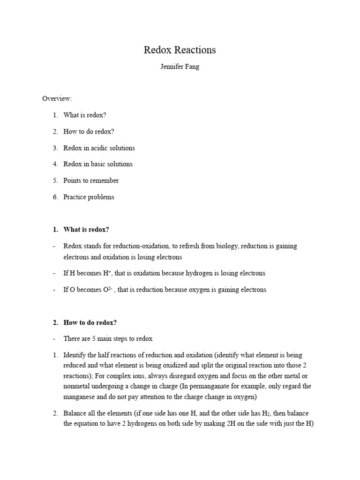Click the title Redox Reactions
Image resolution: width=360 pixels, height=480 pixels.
click(x=180, y=50)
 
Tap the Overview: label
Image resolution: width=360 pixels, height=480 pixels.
click(x=57, y=98)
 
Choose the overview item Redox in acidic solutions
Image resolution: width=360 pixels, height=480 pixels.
click(x=99, y=148)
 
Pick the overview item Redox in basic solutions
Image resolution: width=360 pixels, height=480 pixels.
click(x=98, y=164)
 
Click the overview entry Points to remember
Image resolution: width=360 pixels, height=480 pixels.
click(x=91, y=180)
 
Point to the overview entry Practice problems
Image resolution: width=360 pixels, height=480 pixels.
click(x=89, y=197)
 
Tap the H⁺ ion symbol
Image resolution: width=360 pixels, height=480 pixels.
click(x=108, y=273)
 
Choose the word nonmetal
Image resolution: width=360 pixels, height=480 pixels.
click(x=78, y=386)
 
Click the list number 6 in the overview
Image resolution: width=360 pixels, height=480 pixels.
click(x=55, y=197)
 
